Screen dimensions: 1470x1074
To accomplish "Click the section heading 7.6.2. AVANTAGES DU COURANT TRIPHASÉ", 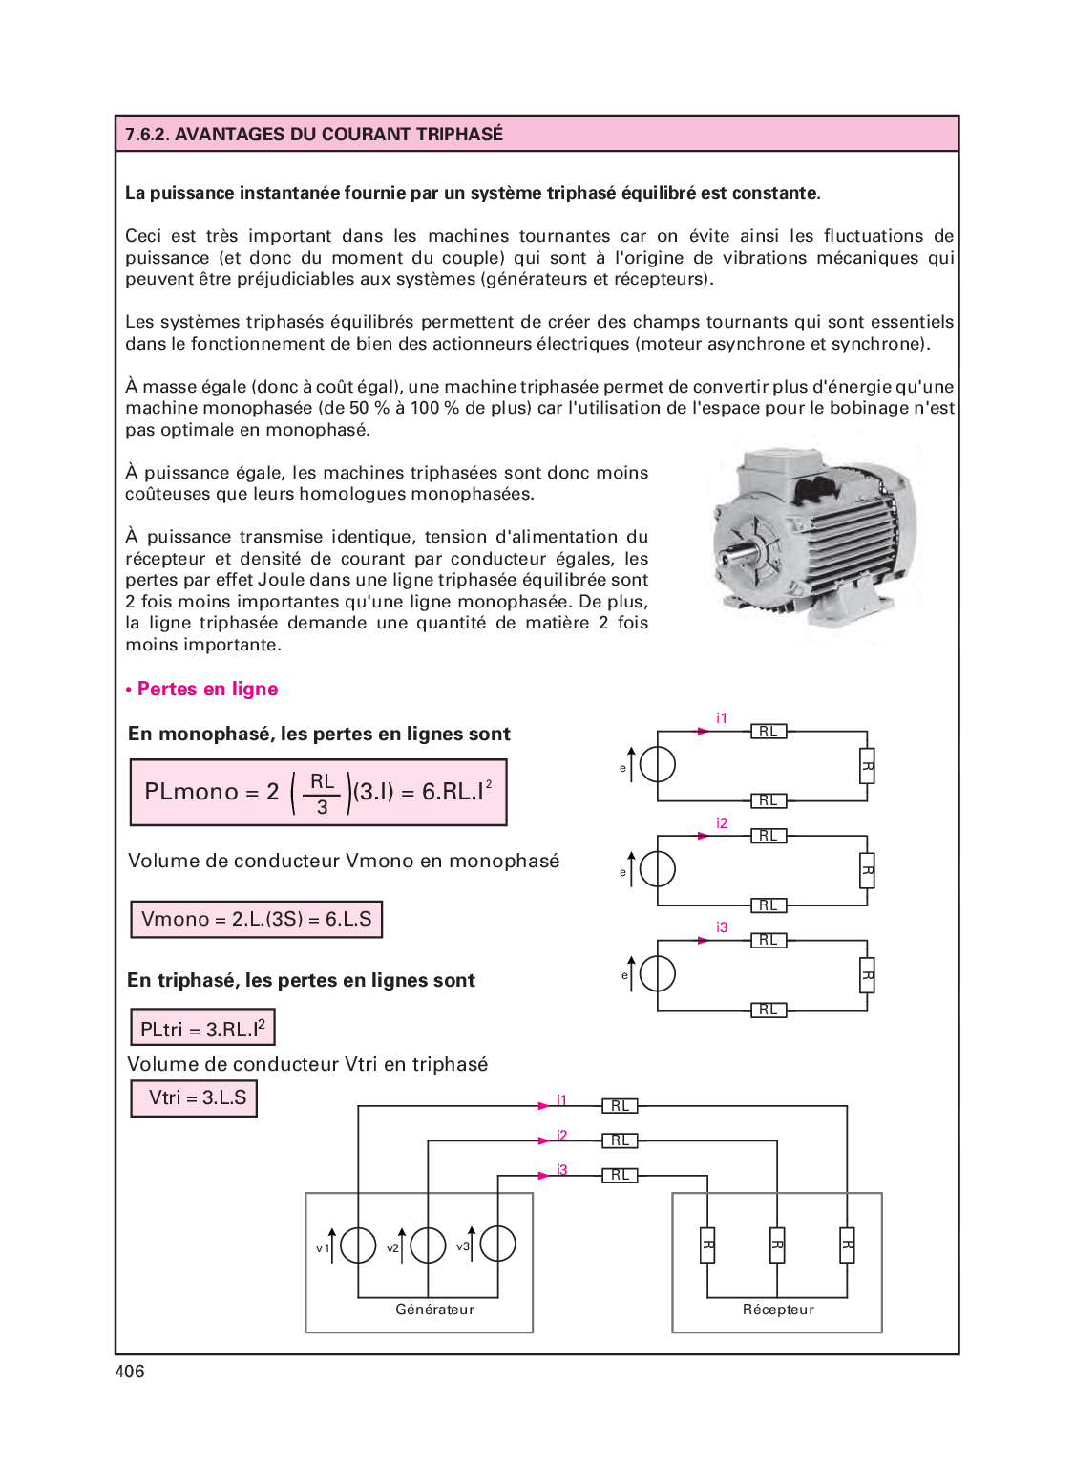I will pyautogui.click(x=314, y=135).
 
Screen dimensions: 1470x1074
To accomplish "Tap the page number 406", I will pyautogui.click(x=130, y=1372).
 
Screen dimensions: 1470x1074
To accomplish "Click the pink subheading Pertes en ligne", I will pyautogui.click(x=207, y=690).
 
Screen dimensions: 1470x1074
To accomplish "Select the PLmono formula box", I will pyautogui.click(x=318, y=793).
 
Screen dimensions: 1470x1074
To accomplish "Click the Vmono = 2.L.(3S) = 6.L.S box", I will pyautogui.click(x=256, y=920).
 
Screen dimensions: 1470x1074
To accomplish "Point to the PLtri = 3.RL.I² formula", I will pyautogui.click(x=202, y=1029).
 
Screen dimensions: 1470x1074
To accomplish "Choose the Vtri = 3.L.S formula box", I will pyautogui.click(x=194, y=1098).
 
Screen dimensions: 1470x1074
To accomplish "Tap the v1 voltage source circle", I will pyautogui.click(x=358, y=1245).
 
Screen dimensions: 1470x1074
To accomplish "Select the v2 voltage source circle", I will pyautogui.click(x=428, y=1245).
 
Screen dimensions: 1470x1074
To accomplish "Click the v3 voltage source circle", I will pyautogui.click(x=497, y=1244).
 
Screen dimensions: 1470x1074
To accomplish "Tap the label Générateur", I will pyautogui.click(x=434, y=1310).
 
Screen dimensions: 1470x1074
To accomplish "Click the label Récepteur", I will pyautogui.click(x=778, y=1310).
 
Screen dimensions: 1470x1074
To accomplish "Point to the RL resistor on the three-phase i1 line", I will pyautogui.click(x=620, y=1106).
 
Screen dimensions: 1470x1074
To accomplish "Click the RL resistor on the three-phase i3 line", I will pyautogui.click(x=620, y=1176).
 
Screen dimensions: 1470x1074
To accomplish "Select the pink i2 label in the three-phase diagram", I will pyautogui.click(x=562, y=1136).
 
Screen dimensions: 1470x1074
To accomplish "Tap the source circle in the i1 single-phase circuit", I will pyautogui.click(x=658, y=764).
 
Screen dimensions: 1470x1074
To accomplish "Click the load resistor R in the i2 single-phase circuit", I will pyautogui.click(x=867, y=871).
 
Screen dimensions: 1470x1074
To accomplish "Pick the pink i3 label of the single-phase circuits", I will pyautogui.click(x=722, y=927).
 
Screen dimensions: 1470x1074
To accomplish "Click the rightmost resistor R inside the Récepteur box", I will pyautogui.click(x=847, y=1246).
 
